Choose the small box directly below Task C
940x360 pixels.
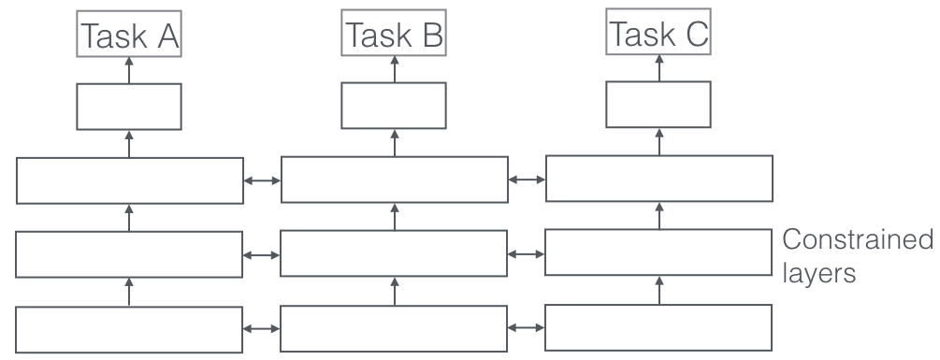(658, 104)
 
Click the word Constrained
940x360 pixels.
(858, 240)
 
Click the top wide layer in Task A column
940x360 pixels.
(130, 180)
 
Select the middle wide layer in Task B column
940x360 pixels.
(394, 253)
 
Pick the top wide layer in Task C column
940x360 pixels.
(658, 179)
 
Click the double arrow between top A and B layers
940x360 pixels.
(262, 180)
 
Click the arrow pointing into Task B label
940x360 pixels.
(394, 66)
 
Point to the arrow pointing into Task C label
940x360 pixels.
(658, 65)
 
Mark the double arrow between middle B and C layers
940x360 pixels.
(527, 253)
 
